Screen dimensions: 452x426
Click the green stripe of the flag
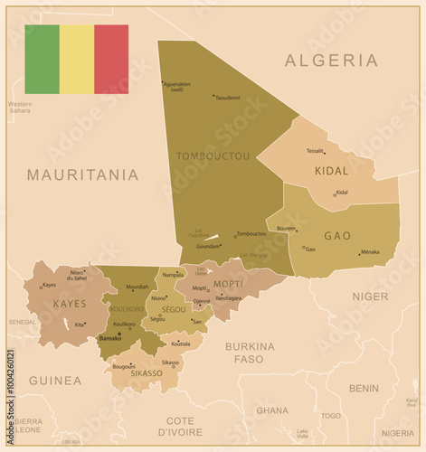(x=42, y=60)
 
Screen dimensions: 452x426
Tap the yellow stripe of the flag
(x=76, y=60)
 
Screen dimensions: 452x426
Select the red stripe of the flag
(x=111, y=60)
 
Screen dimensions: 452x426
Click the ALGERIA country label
(x=331, y=61)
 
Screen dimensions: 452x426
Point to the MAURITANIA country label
(x=82, y=174)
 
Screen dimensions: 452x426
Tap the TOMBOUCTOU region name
(x=213, y=155)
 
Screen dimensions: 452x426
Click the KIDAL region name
(x=331, y=170)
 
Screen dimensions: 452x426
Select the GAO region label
(x=337, y=235)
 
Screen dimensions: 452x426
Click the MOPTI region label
(x=228, y=284)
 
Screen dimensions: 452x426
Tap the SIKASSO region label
(x=147, y=372)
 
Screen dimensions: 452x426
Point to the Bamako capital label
(x=109, y=338)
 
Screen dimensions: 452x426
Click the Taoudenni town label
(x=228, y=98)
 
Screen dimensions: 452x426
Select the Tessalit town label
(x=315, y=151)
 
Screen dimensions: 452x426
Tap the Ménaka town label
(x=370, y=252)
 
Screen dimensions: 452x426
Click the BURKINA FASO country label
(x=250, y=352)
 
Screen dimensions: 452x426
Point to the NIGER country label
(x=370, y=296)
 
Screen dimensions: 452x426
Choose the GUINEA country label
(x=55, y=381)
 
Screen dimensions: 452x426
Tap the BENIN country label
(x=364, y=388)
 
